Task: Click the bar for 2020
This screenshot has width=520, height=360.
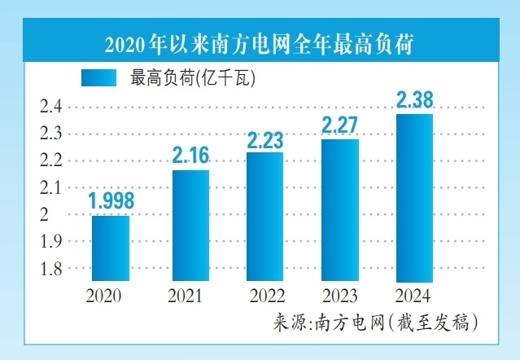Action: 110,248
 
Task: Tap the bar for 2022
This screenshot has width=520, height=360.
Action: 265,217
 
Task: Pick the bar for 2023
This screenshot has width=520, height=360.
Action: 340,210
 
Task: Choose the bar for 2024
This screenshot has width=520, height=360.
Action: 414,198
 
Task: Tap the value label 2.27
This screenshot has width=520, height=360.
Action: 340,125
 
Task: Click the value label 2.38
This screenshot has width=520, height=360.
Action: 414,100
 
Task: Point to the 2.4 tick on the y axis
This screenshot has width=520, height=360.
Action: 52,107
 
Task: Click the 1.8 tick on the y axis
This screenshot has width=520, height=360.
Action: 52,269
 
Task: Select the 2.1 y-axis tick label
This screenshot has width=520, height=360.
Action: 52,188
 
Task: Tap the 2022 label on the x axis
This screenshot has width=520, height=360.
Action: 265,296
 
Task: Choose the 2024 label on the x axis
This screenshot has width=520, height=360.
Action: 414,296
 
